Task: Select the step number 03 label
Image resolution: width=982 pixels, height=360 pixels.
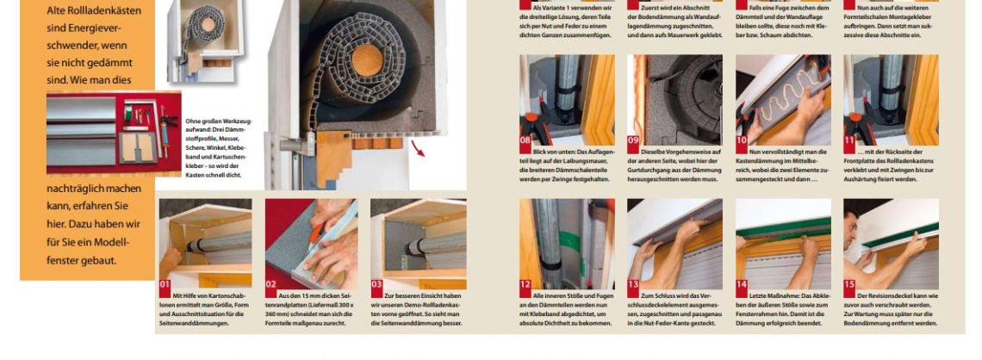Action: [377, 283]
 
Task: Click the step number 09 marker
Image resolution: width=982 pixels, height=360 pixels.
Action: [634, 139]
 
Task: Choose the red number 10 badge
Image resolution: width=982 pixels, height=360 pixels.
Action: [743, 139]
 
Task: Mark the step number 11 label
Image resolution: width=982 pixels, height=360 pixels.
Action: [850, 139]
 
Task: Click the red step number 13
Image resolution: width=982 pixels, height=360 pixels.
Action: [634, 283]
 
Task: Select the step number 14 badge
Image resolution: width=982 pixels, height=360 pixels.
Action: [743, 283]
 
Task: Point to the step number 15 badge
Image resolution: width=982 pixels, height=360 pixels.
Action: [850, 283]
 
